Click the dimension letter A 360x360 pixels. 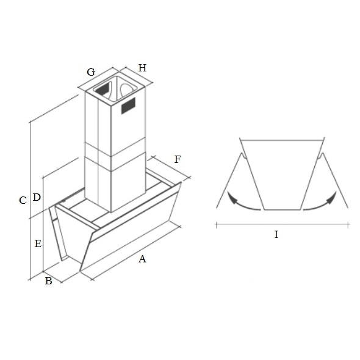tap(142, 259)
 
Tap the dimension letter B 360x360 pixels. tap(48, 281)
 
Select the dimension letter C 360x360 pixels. tap(23, 200)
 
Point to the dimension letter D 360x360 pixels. tap(37, 197)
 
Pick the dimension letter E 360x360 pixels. tap(38, 243)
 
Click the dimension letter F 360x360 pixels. tap(178, 159)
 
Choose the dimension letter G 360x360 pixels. tap(91, 72)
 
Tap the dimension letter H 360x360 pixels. tap(142, 68)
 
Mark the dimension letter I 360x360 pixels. tap(276, 234)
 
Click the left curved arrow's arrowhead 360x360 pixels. tap(233, 200)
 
